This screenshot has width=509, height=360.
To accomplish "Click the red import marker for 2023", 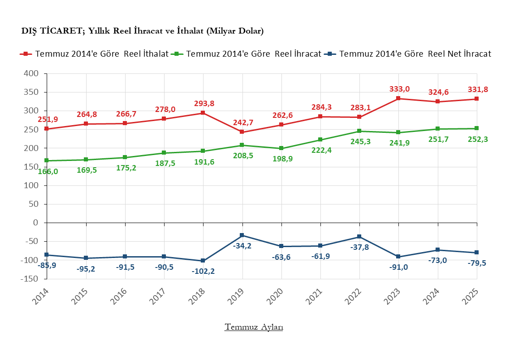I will click(398, 98).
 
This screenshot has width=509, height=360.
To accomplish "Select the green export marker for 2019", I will click(242, 145).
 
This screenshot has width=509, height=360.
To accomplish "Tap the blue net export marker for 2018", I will click(203, 261).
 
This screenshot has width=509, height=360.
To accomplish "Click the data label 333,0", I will click(400, 89).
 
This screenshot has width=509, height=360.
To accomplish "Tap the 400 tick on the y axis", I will click(32, 73).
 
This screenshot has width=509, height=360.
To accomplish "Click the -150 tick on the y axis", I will click(30, 279).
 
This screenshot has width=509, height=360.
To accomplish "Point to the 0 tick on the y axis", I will click(36, 223).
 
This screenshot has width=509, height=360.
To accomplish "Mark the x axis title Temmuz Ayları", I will click(254, 327).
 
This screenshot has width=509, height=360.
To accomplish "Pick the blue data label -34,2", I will click(243, 245).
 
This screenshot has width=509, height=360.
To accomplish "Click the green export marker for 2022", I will click(359, 131).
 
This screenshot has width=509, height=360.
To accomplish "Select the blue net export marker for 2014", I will click(47, 255).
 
